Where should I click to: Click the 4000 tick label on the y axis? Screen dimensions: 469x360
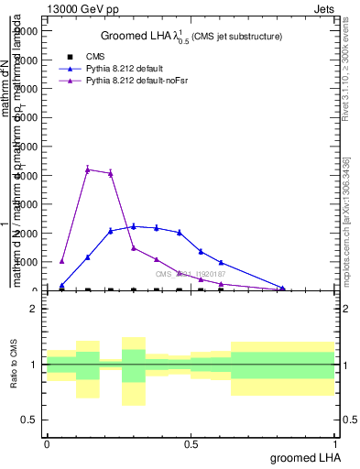coord(27,176)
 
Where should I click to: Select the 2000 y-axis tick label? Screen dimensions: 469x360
coord(27,234)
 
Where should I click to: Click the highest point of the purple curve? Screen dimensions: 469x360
coord(87,169)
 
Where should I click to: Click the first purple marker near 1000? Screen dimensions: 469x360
coord(61,261)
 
